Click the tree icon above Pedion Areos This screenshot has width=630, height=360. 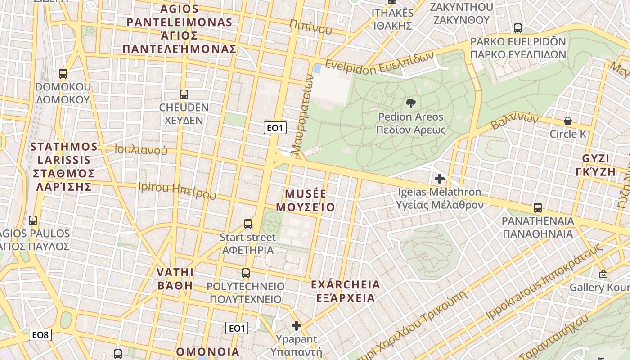click(x=410, y=103)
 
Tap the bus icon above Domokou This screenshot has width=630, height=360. click(x=63, y=74)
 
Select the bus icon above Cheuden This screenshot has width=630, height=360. click(x=184, y=94)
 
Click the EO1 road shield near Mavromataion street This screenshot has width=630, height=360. click(x=275, y=128)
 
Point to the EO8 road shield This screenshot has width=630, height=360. click(x=40, y=335)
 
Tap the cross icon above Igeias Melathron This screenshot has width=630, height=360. click(x=439, y=179)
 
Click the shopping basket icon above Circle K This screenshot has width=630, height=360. click(x=568, y=121)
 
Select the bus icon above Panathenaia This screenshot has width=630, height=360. click(x=537, y=208)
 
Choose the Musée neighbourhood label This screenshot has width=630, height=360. click(x=305, y=201)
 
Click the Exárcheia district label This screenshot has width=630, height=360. click(x=346, y=291)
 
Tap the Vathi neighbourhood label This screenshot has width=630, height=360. click(x=175, y=279)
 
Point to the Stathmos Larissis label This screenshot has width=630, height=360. click(x=64, y=166)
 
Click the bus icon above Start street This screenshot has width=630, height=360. click(x=247, y=224)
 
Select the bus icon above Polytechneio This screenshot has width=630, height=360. click(x=245, y=273)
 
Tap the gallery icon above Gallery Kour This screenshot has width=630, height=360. click(x=603, y=274)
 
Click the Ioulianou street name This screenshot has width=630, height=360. click(x=141, y=150)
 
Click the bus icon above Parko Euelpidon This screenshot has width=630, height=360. click(x=518, y=28)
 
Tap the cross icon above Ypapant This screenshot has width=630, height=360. click(x=296, y=325)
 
